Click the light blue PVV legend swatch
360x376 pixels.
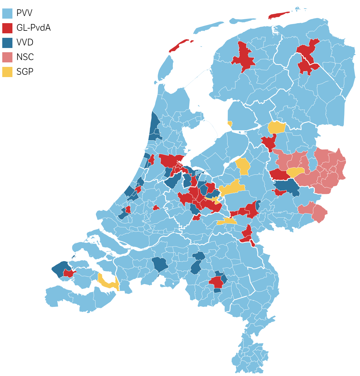pos(7,13)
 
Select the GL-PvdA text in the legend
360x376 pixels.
pos(33,28)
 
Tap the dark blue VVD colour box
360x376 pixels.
pos(7,43)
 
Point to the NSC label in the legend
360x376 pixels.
pos(25,57)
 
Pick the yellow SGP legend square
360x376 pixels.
pos(7,72)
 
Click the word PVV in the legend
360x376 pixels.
pos(24,13)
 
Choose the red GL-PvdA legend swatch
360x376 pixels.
pos(7,28)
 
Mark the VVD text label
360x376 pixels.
pos(25,42)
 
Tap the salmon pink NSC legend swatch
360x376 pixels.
pos(7,57)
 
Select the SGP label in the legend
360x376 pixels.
pos(25,72)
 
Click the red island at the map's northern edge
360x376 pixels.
pos(278,15)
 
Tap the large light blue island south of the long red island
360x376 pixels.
pos(166,68)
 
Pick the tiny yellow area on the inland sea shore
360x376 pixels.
pos(230,124)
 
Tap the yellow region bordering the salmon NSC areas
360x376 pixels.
pos(295,172)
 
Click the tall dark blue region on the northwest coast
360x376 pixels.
pos(154,126)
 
